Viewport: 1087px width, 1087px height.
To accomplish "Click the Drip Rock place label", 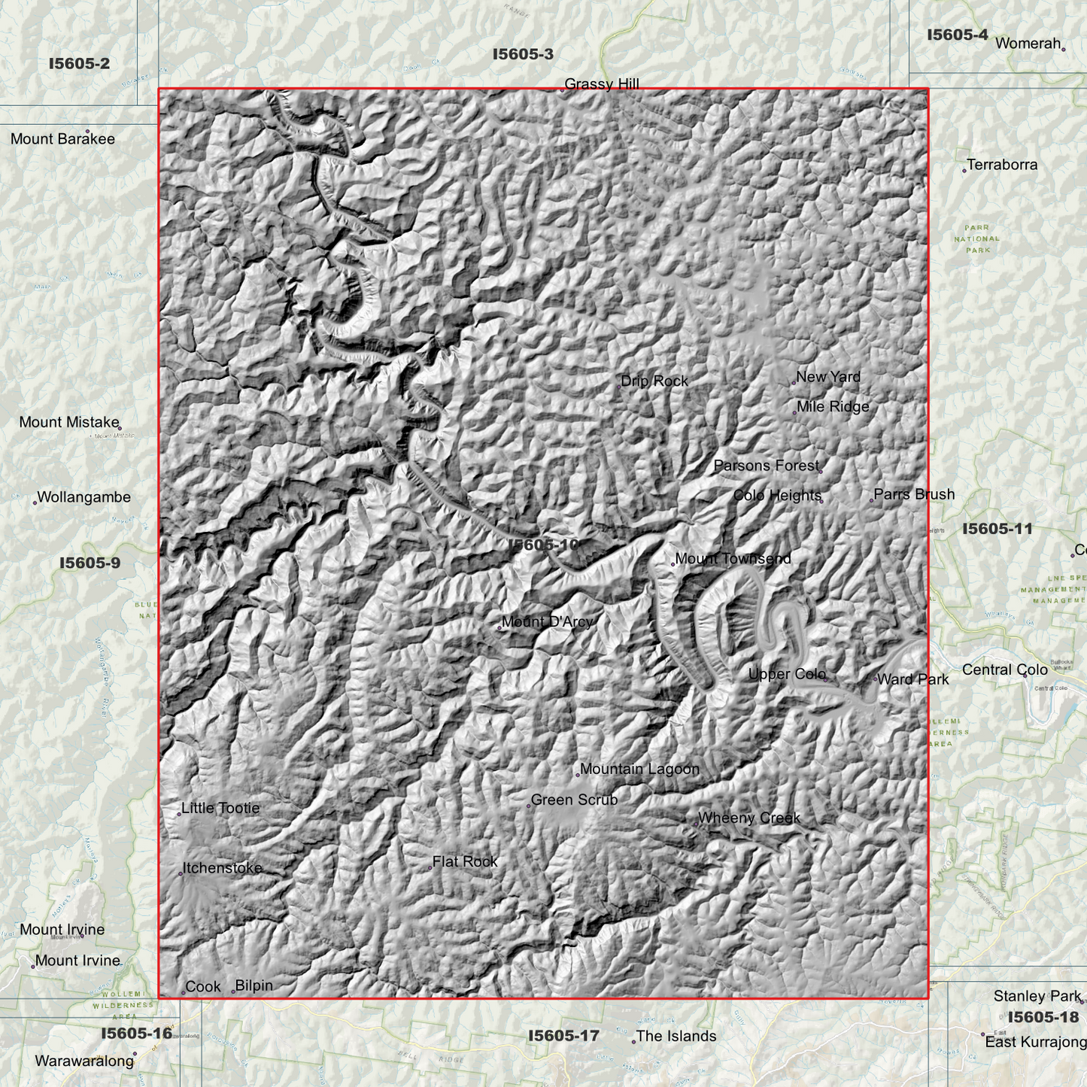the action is pyautogui.click(x=654, y=381).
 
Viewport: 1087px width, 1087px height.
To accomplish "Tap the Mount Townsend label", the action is pyautogui.click(x=733, y=559).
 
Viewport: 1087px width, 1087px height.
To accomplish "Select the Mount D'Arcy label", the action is pyautogui.click(x=547, y=622).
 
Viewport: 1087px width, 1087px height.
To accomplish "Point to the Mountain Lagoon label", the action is pyautogui.click(x=639, y=770).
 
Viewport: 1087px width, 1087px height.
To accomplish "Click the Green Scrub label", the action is pyautogui.click(x=574, y=800).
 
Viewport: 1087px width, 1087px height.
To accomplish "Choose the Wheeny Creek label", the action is pyautogui.click(x=749, y=818).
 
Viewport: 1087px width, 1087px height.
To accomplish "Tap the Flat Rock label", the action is pyautogui.click(x=465, y=862).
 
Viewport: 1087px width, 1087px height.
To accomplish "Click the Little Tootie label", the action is pyautogui.click(x=220, y=809).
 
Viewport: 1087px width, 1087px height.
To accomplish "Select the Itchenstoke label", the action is pyautogui.click(x=223, y=868).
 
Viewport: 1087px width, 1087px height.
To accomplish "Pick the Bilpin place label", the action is pyautogui.click(x=254, y=986).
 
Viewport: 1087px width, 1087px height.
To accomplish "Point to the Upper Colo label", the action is pyautogui.click(x=787, y=675).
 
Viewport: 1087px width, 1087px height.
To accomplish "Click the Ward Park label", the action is pyautogui.click(x=913, y=680).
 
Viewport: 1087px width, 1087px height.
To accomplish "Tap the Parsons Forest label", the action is pyautogui.click(x=766, y=466).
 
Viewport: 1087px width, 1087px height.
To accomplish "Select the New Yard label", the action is pyautogui.click(x=828, y=377).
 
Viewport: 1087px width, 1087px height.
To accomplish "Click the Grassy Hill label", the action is pyautogui.click(x=602, y=84).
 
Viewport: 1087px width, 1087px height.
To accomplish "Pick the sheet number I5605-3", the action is pyautogui.click(x=523, y=54).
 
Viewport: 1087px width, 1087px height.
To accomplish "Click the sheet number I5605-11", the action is pyautogui.click(x=997, y=529).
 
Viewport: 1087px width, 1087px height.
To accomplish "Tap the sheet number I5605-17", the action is pyautogui.click(x=563, y=1037).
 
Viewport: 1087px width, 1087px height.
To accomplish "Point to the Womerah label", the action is pyautogui.click(x=1028, y=44).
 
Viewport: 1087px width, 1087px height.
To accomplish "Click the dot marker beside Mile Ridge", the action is pyautogui.click(x=794, y=412).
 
